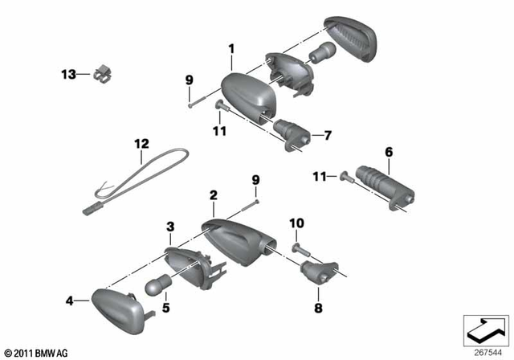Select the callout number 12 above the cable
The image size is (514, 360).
tap(141, 145)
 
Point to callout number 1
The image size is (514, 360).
tap(230, 48)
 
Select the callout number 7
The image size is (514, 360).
tap(327, 135)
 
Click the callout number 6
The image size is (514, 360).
tap(388, 152)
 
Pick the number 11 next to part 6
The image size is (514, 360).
tap(320, 175)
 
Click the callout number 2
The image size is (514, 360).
tap(213, 195)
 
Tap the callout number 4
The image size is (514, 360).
tap(69, 301)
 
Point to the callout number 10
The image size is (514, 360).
tap(296, 222)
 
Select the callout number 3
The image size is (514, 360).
tap(169, 227)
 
